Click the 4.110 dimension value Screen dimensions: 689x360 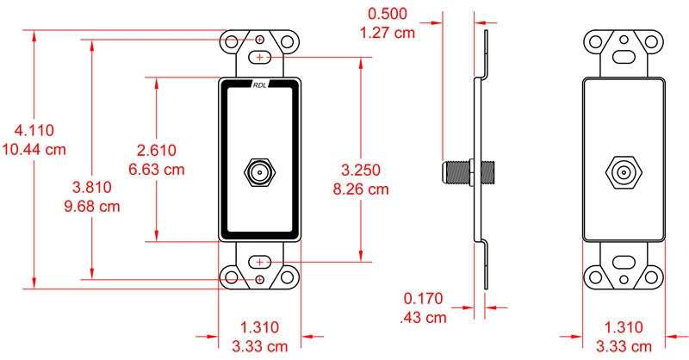[34, 131]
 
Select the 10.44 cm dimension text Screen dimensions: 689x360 [34, 150]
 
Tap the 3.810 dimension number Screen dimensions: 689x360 [92, 187]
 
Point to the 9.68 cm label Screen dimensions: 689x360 [92, 207]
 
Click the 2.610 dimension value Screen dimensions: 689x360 [157, 151]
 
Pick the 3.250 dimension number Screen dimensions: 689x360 [361, 171]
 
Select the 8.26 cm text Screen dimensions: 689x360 [361, 189]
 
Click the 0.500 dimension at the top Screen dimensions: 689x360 [388, 14]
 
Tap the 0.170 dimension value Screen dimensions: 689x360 [424, 299]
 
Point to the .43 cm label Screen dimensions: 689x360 [424, 318]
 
